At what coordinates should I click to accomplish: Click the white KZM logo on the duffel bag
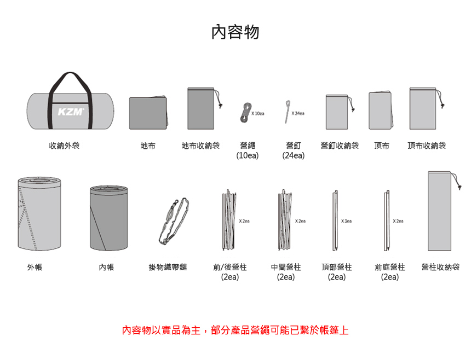click(x=71, y=112)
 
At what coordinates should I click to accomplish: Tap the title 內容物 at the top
click(x=235, y=32)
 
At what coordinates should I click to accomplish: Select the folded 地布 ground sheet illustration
click(x=148, y=113)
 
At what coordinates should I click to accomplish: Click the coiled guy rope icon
click(x=246, y=113)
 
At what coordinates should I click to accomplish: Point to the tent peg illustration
click(x=287, y=112)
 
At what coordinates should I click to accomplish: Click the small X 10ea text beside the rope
click(x=258, y=113)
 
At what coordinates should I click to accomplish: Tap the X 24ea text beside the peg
click(x=298, y=113)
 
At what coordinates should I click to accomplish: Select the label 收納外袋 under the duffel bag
click(x=64, y=146)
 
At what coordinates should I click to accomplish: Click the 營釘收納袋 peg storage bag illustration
click(x=338, y=112)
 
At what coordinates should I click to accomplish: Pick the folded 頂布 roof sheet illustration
click(x=381, y=111)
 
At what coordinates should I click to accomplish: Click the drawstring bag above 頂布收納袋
click(x=426, y=108)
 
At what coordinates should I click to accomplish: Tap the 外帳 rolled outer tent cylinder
click(x=39, y=213)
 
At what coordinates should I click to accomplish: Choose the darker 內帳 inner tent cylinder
click(x=109, y=218)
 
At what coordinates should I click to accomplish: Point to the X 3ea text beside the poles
click(x=346, y=221)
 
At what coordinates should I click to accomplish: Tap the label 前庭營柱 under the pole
click(x=390, y=267)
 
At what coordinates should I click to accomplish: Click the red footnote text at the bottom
click(x=235, y=330)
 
